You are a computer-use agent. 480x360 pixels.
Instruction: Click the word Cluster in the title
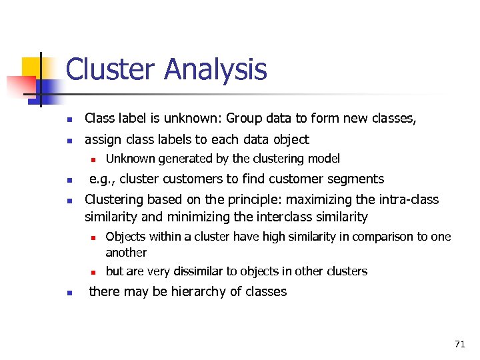110,70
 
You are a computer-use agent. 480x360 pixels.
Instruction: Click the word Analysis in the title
215,70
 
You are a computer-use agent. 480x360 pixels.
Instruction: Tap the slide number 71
459,344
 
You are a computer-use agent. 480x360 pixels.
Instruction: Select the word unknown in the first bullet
197,119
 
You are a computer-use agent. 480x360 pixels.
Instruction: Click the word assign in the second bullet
102,139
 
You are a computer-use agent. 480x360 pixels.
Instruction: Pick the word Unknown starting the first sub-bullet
129,159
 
